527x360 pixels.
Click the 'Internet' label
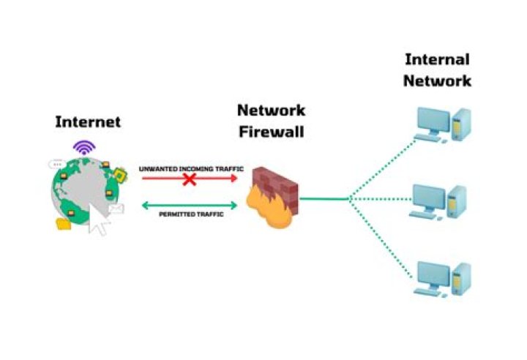tap(88, 121)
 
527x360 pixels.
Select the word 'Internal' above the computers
tap(436, 59)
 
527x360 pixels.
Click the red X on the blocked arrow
tap(189, 178)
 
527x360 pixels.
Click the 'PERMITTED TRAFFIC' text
tap(190, 216)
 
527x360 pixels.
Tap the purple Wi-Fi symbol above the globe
tap(85, 147)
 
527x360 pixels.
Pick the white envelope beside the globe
tap(116, 211)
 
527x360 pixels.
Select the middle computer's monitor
tap(429, 198)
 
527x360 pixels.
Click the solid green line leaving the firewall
tap(324, 198)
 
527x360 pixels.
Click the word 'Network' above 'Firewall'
tap(271, 110)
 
